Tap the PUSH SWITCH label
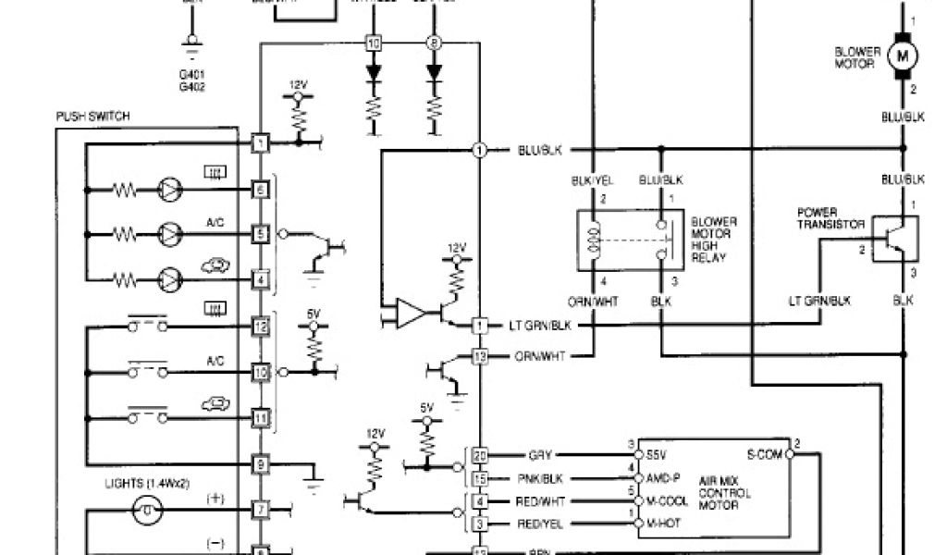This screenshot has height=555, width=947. click(92, 117)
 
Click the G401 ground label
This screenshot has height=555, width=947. click(192, 74)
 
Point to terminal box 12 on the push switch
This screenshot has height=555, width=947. click(262, 326)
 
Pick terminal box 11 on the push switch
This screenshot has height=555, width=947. click(262, 417)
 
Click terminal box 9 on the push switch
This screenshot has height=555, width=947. click(262, 463)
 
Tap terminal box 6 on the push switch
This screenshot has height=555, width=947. click(262, 190)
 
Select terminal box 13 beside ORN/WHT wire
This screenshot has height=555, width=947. click(480, 356)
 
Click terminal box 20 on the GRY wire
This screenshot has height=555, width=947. click(480, 455)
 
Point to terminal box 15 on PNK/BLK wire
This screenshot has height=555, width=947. click(480, 478)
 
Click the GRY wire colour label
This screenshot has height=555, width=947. click(540, 455)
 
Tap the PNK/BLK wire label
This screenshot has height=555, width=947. click(540, 478)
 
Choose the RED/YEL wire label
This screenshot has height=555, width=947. click(540, 524)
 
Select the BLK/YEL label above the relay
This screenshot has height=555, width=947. click(593, 181)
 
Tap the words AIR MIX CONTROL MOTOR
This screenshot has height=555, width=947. click(727, 493)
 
